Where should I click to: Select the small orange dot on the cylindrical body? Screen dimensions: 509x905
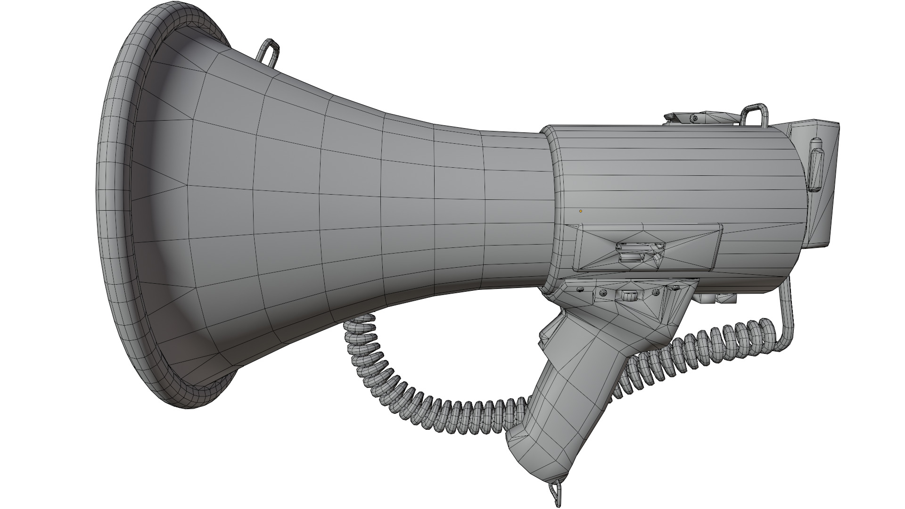point(581,211)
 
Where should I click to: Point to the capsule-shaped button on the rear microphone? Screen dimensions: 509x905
point(815,170)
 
